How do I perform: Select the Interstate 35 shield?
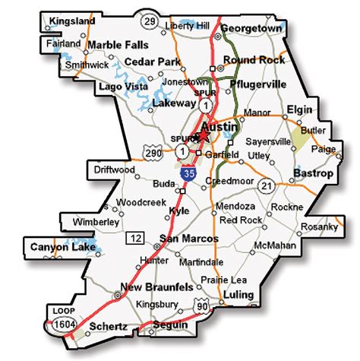click(187, 176)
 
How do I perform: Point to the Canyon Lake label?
click(57, 248)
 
